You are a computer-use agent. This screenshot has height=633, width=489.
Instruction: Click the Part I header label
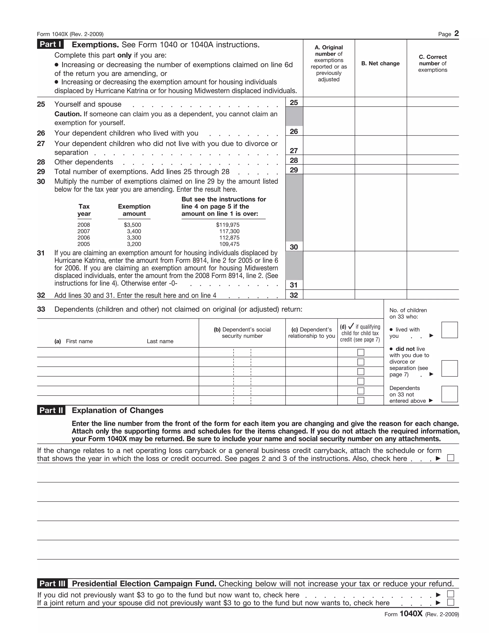pos(50,44)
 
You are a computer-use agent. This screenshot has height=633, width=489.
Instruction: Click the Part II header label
pos(51,410)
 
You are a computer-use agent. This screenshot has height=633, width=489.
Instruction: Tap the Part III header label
pos(52,584)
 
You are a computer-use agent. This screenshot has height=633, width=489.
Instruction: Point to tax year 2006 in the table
pos(84,238)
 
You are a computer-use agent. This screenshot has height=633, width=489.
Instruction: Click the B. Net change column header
pos(380,64)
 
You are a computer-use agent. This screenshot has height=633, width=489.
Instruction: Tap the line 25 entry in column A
pos(329,102)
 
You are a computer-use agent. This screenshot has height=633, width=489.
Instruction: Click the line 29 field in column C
pos(432,169)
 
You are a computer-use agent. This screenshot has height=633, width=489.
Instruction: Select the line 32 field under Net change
pos(380,295)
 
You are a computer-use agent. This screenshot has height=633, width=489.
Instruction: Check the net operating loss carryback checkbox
pos(451,458)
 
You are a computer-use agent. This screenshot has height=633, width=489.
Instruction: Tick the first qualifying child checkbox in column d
pos(361,352)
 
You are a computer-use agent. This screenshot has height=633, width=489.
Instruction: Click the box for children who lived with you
pos(449,330)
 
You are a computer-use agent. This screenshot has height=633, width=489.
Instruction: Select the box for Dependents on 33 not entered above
pos(449,394)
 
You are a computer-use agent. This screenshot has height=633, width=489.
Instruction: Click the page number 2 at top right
pos(456,34)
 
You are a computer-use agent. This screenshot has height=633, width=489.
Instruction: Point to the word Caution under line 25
pos(68,114)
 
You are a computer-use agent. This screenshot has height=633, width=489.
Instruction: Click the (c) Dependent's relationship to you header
pos(311,333)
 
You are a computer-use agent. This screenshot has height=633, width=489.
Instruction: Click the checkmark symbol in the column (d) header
pos(351,326)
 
